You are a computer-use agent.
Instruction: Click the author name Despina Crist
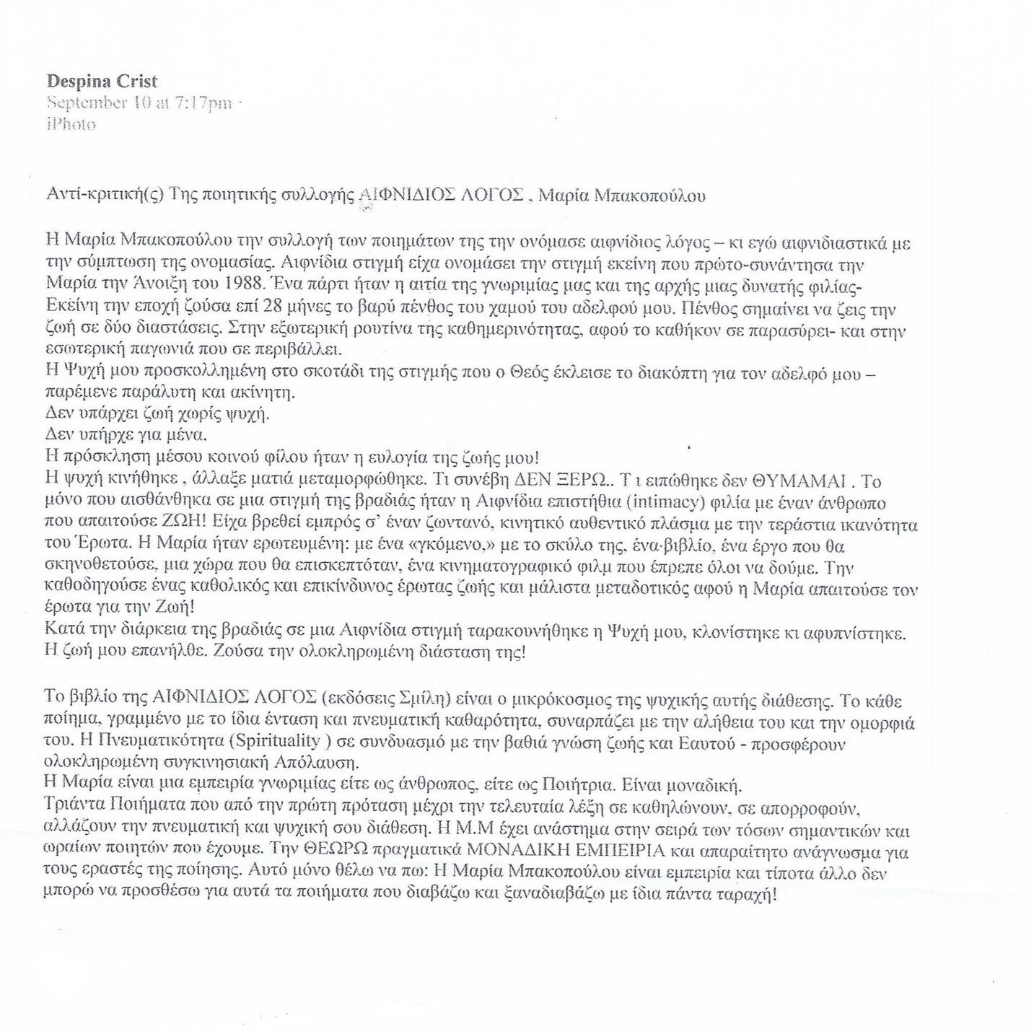click(x=102, y=82)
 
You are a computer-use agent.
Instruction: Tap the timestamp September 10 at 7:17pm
click(x=139, y=103)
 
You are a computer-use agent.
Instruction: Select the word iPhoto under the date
click(x=71, y=124)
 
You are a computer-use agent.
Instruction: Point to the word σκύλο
click(x=571, y=546)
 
